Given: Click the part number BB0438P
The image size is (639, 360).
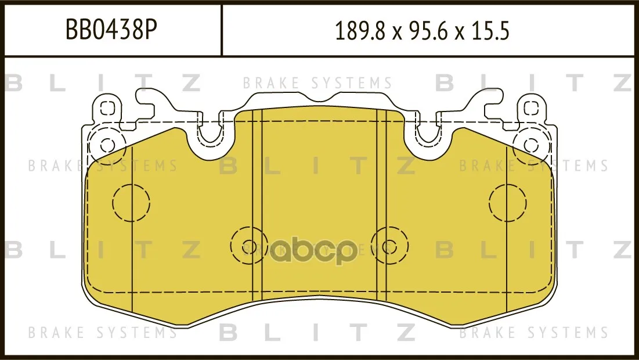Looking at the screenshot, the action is point(111,30).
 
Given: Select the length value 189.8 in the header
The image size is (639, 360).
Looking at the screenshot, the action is point(360,31).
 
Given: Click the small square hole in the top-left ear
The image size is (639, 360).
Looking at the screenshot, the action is point(107,109).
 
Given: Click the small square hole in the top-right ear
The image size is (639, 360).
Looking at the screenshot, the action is point(531,109).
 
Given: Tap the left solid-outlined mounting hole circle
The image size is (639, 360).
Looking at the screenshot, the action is point(107,145).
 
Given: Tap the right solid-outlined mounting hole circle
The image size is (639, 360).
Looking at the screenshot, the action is point(531,145).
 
